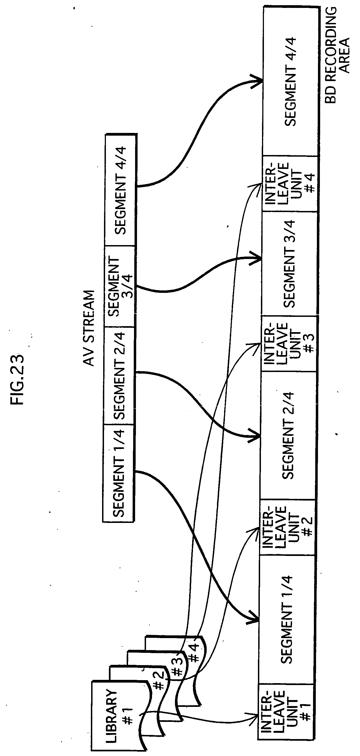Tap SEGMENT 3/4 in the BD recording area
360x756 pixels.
coord(289,264)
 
